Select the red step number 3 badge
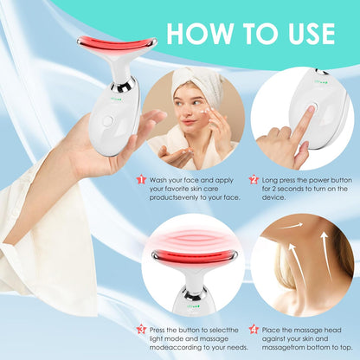tap(139, 330)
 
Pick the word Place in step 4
tap(275, 330)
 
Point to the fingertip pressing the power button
tap(303, 117)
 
